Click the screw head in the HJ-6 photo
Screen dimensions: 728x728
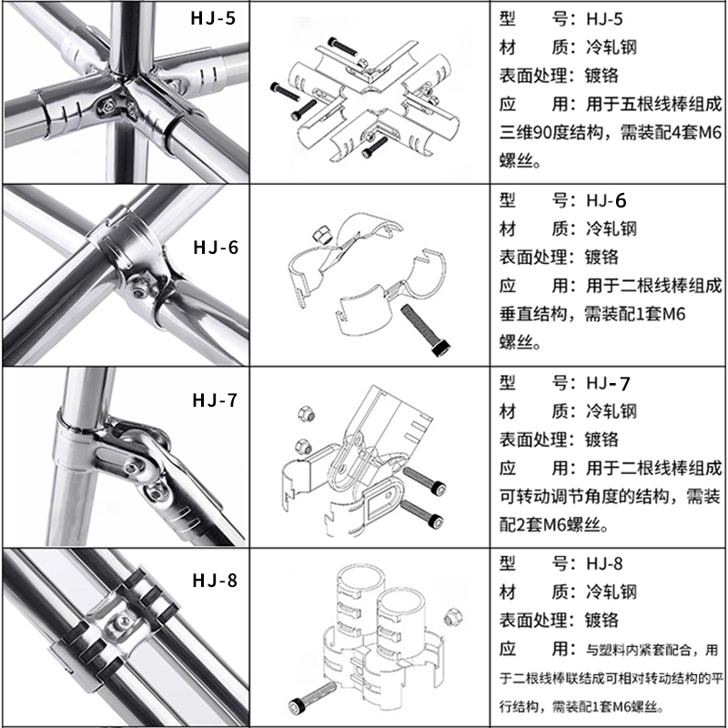click(137, 289)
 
